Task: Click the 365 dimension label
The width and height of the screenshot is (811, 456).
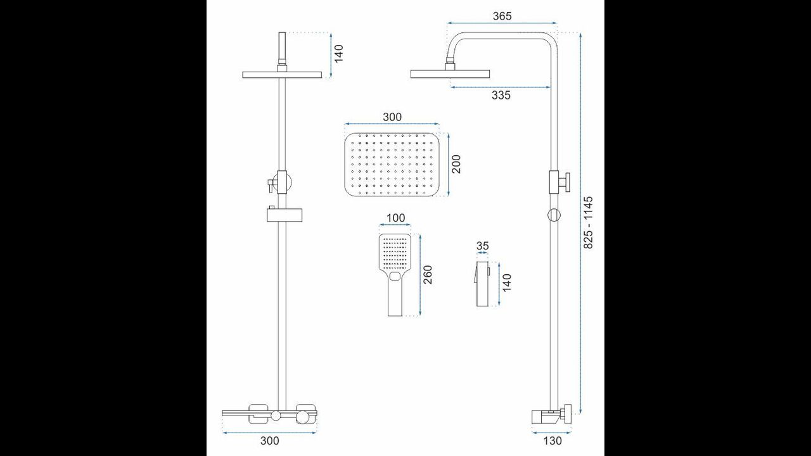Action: pos(502,16)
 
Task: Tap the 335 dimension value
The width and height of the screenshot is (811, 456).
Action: pos(501,95)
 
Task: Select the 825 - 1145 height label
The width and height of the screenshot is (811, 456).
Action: pos(589,222)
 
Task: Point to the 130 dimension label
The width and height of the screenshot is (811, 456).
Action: pos(552,440)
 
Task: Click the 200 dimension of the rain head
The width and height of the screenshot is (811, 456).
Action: pos(456,164)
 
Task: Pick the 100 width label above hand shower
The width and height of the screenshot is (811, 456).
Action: pos(396,218)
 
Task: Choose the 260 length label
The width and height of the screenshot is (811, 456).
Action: pos(428,275)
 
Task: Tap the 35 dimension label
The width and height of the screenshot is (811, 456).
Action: pos(482,246)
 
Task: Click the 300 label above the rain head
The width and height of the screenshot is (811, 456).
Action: pos(392,117)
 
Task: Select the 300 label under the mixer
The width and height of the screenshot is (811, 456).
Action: pos(270,440)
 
